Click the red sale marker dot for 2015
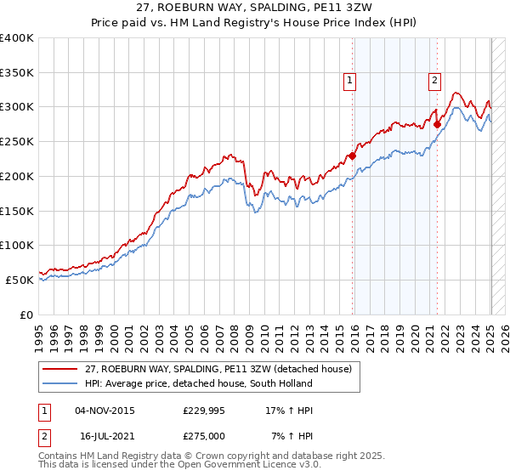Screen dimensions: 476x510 pos(352,156)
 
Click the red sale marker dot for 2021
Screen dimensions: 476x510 pos(437,124)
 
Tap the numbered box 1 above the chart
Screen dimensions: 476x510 pos(349,81)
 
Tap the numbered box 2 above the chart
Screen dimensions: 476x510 pos(434,81)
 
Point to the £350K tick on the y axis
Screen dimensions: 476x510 pos(17,73)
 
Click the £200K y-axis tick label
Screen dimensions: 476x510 pos(17,177)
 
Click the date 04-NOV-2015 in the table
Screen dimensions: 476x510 pos(105,411)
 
